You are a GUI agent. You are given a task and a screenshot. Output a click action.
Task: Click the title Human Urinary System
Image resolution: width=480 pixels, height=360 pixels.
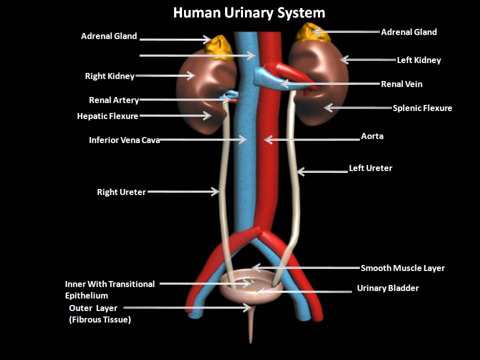click(249, 12)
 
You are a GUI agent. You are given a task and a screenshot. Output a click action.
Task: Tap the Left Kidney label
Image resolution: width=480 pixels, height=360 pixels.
click(418, 60)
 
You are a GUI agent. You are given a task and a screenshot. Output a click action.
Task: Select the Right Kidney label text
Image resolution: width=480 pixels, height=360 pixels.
click(109, 76)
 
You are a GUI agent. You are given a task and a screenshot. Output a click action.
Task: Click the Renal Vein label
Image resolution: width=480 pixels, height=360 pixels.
click(401, 84)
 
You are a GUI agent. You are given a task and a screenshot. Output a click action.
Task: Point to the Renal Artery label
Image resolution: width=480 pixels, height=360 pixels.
click(113, 100)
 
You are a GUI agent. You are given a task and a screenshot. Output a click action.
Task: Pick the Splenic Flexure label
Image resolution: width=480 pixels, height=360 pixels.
click(422, 108)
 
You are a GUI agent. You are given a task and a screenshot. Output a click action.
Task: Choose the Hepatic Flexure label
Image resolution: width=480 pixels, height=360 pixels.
click(107, 116)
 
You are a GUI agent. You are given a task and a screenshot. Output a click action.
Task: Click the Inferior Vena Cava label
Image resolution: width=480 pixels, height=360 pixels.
click(124, 140)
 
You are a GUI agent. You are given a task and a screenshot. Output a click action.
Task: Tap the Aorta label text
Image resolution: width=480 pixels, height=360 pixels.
click(372, 136)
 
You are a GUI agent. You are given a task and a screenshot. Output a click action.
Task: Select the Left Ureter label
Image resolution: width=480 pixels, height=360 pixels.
click(370, 168)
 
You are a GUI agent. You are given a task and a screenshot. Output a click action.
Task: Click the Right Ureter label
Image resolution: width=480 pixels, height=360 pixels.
click(121, 192)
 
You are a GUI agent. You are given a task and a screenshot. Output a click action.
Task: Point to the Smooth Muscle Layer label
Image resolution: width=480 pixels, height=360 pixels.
click(402, 268)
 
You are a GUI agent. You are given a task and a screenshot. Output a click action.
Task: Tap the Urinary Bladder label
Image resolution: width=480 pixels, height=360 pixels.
click(387, 288)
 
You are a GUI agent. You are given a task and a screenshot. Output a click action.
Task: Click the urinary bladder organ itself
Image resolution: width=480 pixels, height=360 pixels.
click(248, 292)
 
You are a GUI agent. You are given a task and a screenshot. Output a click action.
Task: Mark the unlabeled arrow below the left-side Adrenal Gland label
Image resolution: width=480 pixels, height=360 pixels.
click(197, 56)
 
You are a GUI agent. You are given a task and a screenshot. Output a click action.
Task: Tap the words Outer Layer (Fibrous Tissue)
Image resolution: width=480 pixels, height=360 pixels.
click(99, 314)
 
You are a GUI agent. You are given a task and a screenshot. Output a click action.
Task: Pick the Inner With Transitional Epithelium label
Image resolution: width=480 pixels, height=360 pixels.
click(109, 289)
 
